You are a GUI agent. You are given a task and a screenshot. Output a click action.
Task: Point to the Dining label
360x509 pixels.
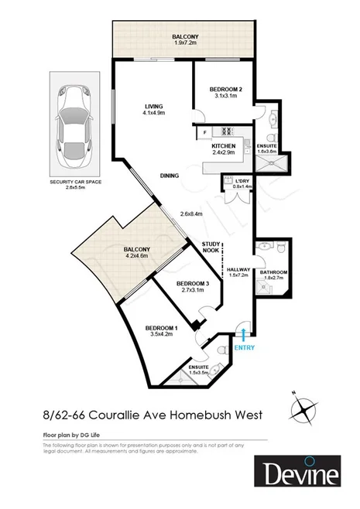[x=170, y=176]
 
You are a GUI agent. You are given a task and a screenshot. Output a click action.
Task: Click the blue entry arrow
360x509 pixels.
[x=244, y=335]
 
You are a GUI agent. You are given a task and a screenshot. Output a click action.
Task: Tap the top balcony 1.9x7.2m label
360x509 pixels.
[x=186, y=39]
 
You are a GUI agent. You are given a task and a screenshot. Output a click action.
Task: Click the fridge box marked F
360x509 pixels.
[x=205, y=132]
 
